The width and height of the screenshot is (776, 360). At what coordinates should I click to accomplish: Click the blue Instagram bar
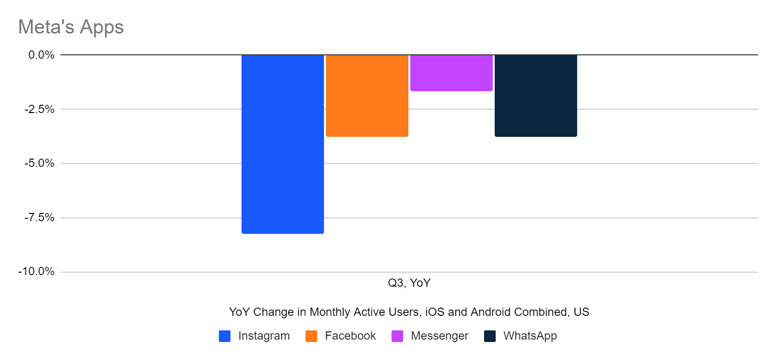pyautogui.click(x=283, y=144)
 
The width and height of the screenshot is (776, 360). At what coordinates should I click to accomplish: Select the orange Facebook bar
pyautogui.click(x=367, y=96)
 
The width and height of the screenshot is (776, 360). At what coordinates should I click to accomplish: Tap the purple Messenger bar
pyautogui.click(x=452, y=73)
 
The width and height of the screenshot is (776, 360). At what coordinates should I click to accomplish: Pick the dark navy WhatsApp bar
pyautogui.click(x=536, y=96)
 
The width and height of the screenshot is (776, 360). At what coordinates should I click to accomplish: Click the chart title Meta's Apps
pyautogui.click(x=71, y=27)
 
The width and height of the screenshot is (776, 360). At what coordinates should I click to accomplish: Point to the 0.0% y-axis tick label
pyautogui.click(x=41, y=55)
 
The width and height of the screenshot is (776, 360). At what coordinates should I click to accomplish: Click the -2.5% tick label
pyautogui.click(x=40, y=109)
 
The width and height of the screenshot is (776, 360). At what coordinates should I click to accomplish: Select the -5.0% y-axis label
pyautogui.click(x=40, y=164)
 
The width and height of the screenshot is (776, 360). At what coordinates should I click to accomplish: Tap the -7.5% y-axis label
pyautogui.click(x=40, y=218)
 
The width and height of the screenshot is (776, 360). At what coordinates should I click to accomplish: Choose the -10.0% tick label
pyautogui.click(x=37, y=272)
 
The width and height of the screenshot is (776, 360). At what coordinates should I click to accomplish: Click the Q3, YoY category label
pyautogui.click(x=409, y=283)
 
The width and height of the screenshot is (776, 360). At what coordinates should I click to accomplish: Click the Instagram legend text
pyautogui.click(x=264, y=336)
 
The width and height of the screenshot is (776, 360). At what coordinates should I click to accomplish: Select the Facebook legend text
pyautogui.click(x=350, y=336)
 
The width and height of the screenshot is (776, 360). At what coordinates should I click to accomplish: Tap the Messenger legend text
pyautogui.click(x=439, y=336)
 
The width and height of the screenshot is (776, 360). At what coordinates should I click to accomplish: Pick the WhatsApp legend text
pyautogui.click(x=530, y=336)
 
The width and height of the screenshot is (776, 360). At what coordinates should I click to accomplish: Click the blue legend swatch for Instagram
pyautogui.click(x=225, y=336)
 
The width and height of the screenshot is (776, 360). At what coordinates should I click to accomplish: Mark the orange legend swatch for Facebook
pyautogui.click(x=311, y=336)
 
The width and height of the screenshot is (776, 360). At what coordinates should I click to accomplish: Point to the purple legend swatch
pyautogui.click(x=397, y=336)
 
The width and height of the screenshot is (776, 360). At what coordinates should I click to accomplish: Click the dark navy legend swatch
pyautogui.click(x=490, y=336)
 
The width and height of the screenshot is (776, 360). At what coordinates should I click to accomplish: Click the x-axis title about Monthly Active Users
pyautogui.click(x=409, y=312)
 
